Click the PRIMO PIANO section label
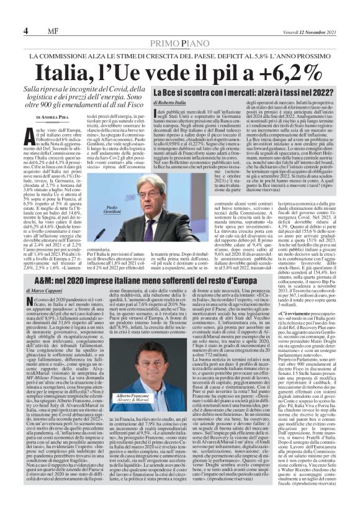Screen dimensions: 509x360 click(179, 43)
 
